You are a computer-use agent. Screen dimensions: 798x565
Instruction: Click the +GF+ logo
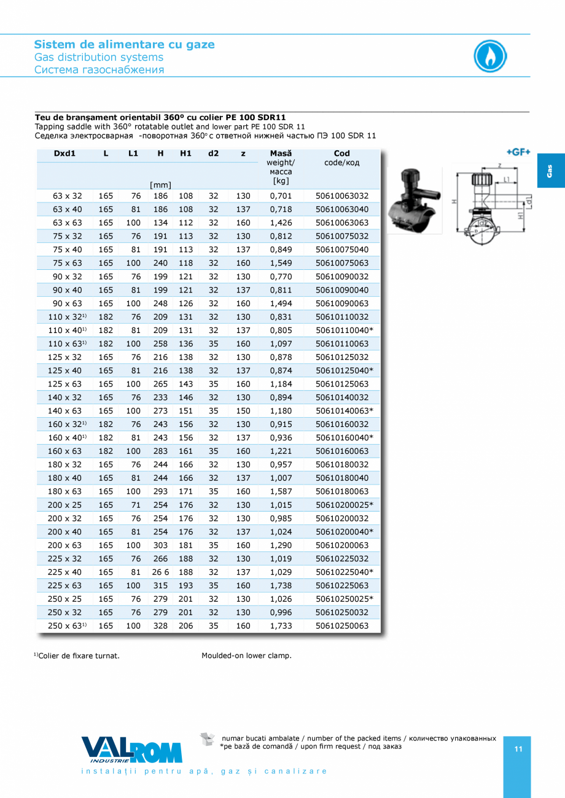click(x=518, y=152)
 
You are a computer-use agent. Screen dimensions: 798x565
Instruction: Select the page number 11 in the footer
click(x=518, y=749)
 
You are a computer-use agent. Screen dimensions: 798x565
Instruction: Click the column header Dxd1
click(x=64, y=153)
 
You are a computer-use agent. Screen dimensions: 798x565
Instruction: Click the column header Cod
click(x=342, y=153)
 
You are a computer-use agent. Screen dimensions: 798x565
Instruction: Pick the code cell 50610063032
click(x=342, y=196)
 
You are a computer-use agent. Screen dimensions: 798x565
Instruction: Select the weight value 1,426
click(x=281, y=223)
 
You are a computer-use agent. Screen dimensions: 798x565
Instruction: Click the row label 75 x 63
click(x=67, y=263)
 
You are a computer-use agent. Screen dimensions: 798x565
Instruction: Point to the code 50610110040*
click(x=344, y=331)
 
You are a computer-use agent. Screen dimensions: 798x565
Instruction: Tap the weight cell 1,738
click(x=281, y=586)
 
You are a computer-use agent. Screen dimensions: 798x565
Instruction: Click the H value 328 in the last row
click(x=160, y=626)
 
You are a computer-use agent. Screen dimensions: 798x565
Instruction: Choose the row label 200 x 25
click(x=67, y=505)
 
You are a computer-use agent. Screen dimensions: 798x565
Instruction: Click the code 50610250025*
click(x=344, y=599)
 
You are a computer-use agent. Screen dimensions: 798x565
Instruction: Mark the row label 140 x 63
click(x=67, y=411)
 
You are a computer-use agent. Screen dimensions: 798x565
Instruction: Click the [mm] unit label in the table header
click(x=160, y=184)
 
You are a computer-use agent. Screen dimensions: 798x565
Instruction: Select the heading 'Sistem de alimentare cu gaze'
click(x=124, y=44)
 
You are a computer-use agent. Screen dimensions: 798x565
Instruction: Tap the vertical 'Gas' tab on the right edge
click(x=550, y=171)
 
